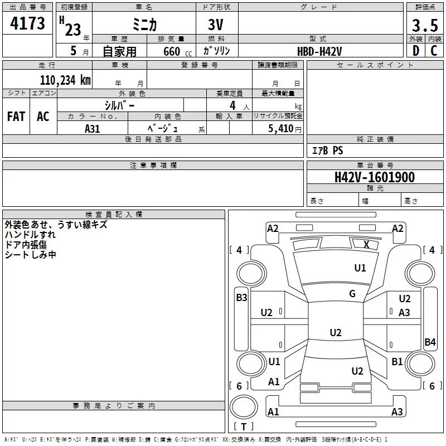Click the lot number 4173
[27, 23]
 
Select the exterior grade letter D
[415, 50]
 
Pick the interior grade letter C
[434, 50]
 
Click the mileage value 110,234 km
[65, 80]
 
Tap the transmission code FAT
[16, 117]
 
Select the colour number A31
[93, 128]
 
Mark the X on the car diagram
[366, 244]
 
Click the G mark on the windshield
[352, 294]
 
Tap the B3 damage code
[241, 298]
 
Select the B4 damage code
[430, 342]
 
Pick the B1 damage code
[397, 362]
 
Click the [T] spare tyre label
[244, 426]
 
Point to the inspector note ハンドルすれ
[30, 234]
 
